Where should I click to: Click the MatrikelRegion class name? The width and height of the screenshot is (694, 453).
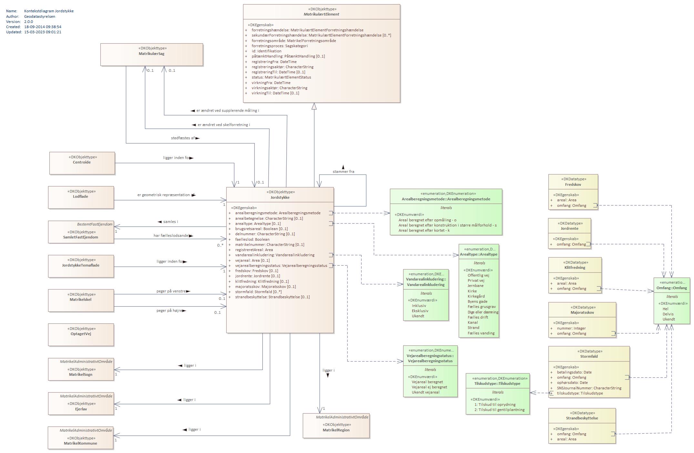point(336,430)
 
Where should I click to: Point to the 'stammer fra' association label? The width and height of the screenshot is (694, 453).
point(343,172)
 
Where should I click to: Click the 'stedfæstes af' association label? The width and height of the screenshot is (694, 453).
point(183,138)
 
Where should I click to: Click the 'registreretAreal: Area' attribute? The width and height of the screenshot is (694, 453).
point(254,250)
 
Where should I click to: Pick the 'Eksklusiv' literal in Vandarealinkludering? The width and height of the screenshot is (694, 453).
point(420,311)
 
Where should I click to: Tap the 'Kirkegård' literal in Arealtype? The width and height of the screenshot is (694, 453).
point(476,296)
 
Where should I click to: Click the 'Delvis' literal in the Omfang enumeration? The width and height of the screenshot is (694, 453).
point(668,314)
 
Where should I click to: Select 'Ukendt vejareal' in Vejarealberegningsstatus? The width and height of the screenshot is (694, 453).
point(425,392)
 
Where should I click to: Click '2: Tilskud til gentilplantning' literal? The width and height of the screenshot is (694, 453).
point(499,410)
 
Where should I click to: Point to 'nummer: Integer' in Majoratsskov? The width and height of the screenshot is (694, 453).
point(571,328)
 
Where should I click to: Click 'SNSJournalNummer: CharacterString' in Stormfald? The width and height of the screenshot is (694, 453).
point(589,388)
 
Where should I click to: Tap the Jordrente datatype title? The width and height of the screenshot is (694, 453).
point(569,228)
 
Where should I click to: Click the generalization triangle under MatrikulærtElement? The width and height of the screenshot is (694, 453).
point(314,106)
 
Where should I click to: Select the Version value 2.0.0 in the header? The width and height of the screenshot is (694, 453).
point(28,22)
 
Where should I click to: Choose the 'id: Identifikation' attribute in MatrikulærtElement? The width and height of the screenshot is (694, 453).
point(266,51)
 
